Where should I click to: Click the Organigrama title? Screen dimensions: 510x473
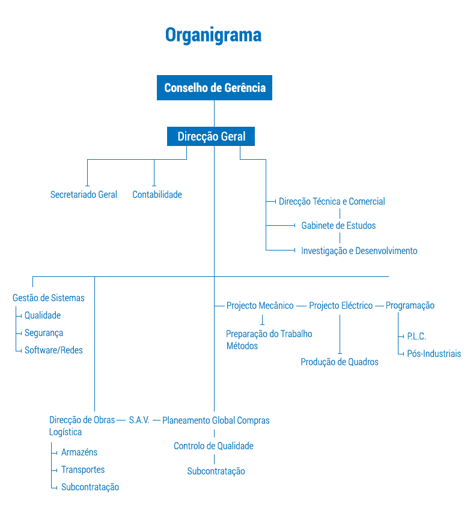(x=213, y=35)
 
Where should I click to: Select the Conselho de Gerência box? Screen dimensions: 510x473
(x=215, y=88)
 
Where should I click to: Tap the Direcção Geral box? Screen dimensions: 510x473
(x=211, y=136)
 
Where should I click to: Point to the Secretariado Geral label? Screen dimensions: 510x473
(x=84, y=195)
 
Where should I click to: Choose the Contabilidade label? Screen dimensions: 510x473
(x=157, y=195)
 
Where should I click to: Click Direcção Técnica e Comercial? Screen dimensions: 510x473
(x=332, y=202)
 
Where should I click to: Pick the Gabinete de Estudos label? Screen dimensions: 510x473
(x=338, y=226)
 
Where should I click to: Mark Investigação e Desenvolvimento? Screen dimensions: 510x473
(x=359, y=251)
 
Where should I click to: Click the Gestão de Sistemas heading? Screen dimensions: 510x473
(x=49, y=298)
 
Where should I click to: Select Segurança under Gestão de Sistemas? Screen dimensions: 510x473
(x=44, y=333)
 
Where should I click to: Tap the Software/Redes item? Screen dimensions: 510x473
(x=53, y=350)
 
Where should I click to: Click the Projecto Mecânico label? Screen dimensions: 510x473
(x=260, y=306)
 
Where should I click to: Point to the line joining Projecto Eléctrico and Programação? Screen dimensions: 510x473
(x=379, y=306)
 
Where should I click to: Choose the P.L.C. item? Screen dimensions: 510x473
(x=417, y=336)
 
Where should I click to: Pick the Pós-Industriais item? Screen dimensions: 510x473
(x=434, y=354)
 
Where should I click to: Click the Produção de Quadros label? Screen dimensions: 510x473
(x=340, y=362)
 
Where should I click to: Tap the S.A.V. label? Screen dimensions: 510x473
(x=139, y=420)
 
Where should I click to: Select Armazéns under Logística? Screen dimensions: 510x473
(x=79, y=452)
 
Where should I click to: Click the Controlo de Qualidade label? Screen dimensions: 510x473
(x=213, y=446)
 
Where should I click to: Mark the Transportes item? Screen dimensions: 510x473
(x=83, y=470)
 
